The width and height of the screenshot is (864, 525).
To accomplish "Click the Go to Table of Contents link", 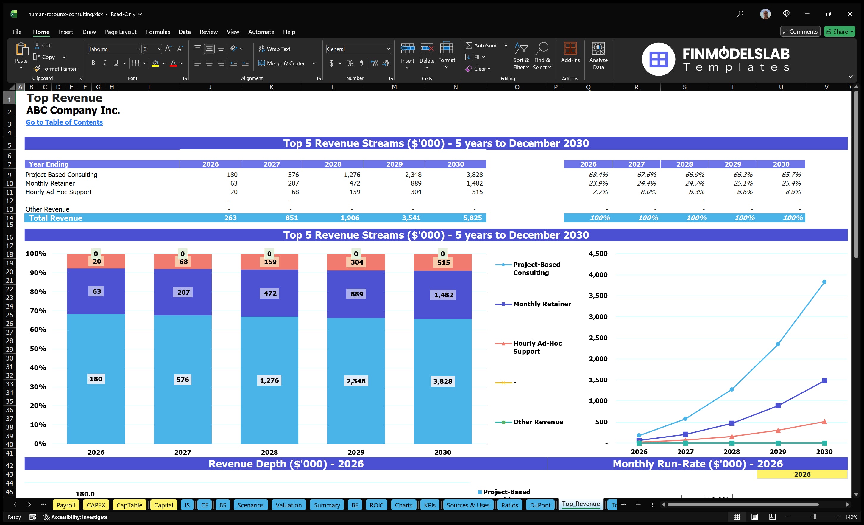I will pos(64,122).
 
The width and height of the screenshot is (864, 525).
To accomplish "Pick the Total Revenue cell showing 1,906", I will pos(350,218).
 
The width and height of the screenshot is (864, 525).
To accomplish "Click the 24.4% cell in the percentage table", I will pos(646,183).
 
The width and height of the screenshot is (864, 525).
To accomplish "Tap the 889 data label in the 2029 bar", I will pos(357,294).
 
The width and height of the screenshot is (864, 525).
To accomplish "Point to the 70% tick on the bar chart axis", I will pos(38,310).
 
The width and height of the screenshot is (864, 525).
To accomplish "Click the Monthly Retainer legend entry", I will pos(542,304).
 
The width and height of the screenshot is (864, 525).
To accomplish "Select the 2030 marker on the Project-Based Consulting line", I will pos(824,282).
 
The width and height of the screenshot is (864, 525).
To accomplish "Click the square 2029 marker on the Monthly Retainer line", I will pos(778,406).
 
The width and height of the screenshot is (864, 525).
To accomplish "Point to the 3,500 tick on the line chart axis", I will pos(598,296).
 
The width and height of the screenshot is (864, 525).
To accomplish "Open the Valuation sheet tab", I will pos(288,505).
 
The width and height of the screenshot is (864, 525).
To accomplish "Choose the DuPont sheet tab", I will pos(540,505).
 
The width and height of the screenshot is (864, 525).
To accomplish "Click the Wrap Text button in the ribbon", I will pos(275,49).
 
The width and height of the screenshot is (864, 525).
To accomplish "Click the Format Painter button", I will pos(55,69).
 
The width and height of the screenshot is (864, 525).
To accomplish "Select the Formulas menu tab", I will pos(158,32).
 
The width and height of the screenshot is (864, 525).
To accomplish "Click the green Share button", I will pos(839,32).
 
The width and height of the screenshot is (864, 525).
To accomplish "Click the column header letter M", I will pos(394,87).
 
